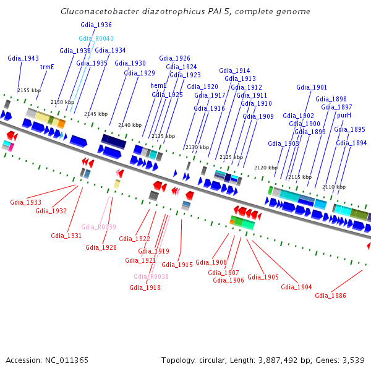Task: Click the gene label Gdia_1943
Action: click(x=23, y=58)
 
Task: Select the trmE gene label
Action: click(x=47, y=67)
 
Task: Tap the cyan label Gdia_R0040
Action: click(x=96, y=38)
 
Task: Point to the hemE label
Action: click(x=159, y=85)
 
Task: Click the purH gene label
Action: click(x=344, y=115)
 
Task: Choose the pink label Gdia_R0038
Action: click(x=151, y=276)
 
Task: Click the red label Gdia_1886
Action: click(x=330, y=296)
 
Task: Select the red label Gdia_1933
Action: click(x=26, y=202)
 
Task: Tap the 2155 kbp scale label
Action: click(x=29, y=90)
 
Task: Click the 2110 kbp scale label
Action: click(x=334, y=187)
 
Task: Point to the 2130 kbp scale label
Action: click(x=197, y=147)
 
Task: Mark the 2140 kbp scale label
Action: click(x=130, y=125)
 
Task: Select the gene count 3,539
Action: click(x=352, y=360)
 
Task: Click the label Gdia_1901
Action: click(x=312, y=87)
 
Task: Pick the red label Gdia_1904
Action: click(x=296, y=287)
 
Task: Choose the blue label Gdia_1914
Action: click(x=234, y=70)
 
